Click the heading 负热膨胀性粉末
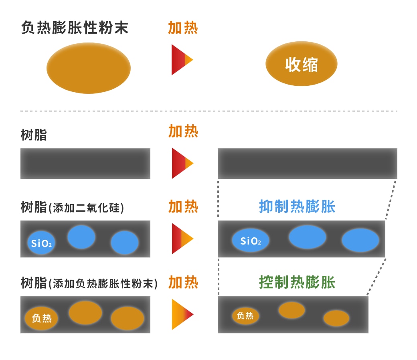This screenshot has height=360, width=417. pyautogui.click(x=75, y=28)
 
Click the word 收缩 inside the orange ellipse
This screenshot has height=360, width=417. pyautogui.click(x=302, y=64)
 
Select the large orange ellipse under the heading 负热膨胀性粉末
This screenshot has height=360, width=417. pyautogui.click(x=89, y=68)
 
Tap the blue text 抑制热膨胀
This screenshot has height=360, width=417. pyautogui.click(x=297, y=206)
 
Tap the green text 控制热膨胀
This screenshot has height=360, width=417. pyautogui.click(x=297, y=282)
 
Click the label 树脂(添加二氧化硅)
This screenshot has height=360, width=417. pyautogui.click(x=72, y=207)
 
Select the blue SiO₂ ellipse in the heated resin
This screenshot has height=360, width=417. pyautogui.click(x=251, y=241)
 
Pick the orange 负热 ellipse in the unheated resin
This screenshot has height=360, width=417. pyautogui.click(x=42, y=318)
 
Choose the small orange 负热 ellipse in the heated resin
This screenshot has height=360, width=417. pyautogui.click(x=245, y=316)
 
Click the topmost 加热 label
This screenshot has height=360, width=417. pyautogui.click(x=183, y=28)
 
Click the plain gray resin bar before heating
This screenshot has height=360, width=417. pyautogui.click(x=85, y=163)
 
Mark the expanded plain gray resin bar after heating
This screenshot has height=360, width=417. pyautogui.click(x=307, y=163)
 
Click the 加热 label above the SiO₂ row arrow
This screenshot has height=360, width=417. pyautogui.click(x=183, y=206)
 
